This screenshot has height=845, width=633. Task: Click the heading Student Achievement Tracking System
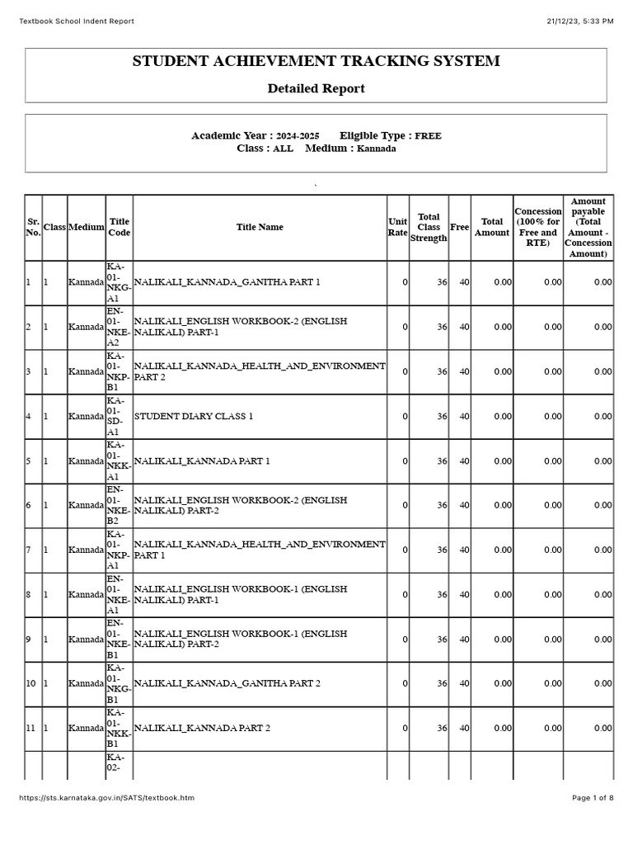point(316,62)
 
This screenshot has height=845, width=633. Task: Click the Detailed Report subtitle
point(316,88)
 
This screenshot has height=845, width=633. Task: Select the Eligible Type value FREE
point(428,136)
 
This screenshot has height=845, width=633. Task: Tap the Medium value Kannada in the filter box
point(376,149)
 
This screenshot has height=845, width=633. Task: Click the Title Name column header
point(260,227)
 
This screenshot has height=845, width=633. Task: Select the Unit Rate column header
point(397,227)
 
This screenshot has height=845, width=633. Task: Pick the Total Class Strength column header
point(429,228)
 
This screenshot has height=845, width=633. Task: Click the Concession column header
point(537,227)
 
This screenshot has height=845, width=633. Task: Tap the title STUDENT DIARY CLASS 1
point(194,416)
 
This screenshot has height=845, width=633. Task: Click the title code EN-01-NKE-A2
point(119,327)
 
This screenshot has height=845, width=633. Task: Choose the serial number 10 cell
point(30,683)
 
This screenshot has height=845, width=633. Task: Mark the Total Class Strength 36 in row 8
point(442,594)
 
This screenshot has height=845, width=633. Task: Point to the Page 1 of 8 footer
point(593,798)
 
